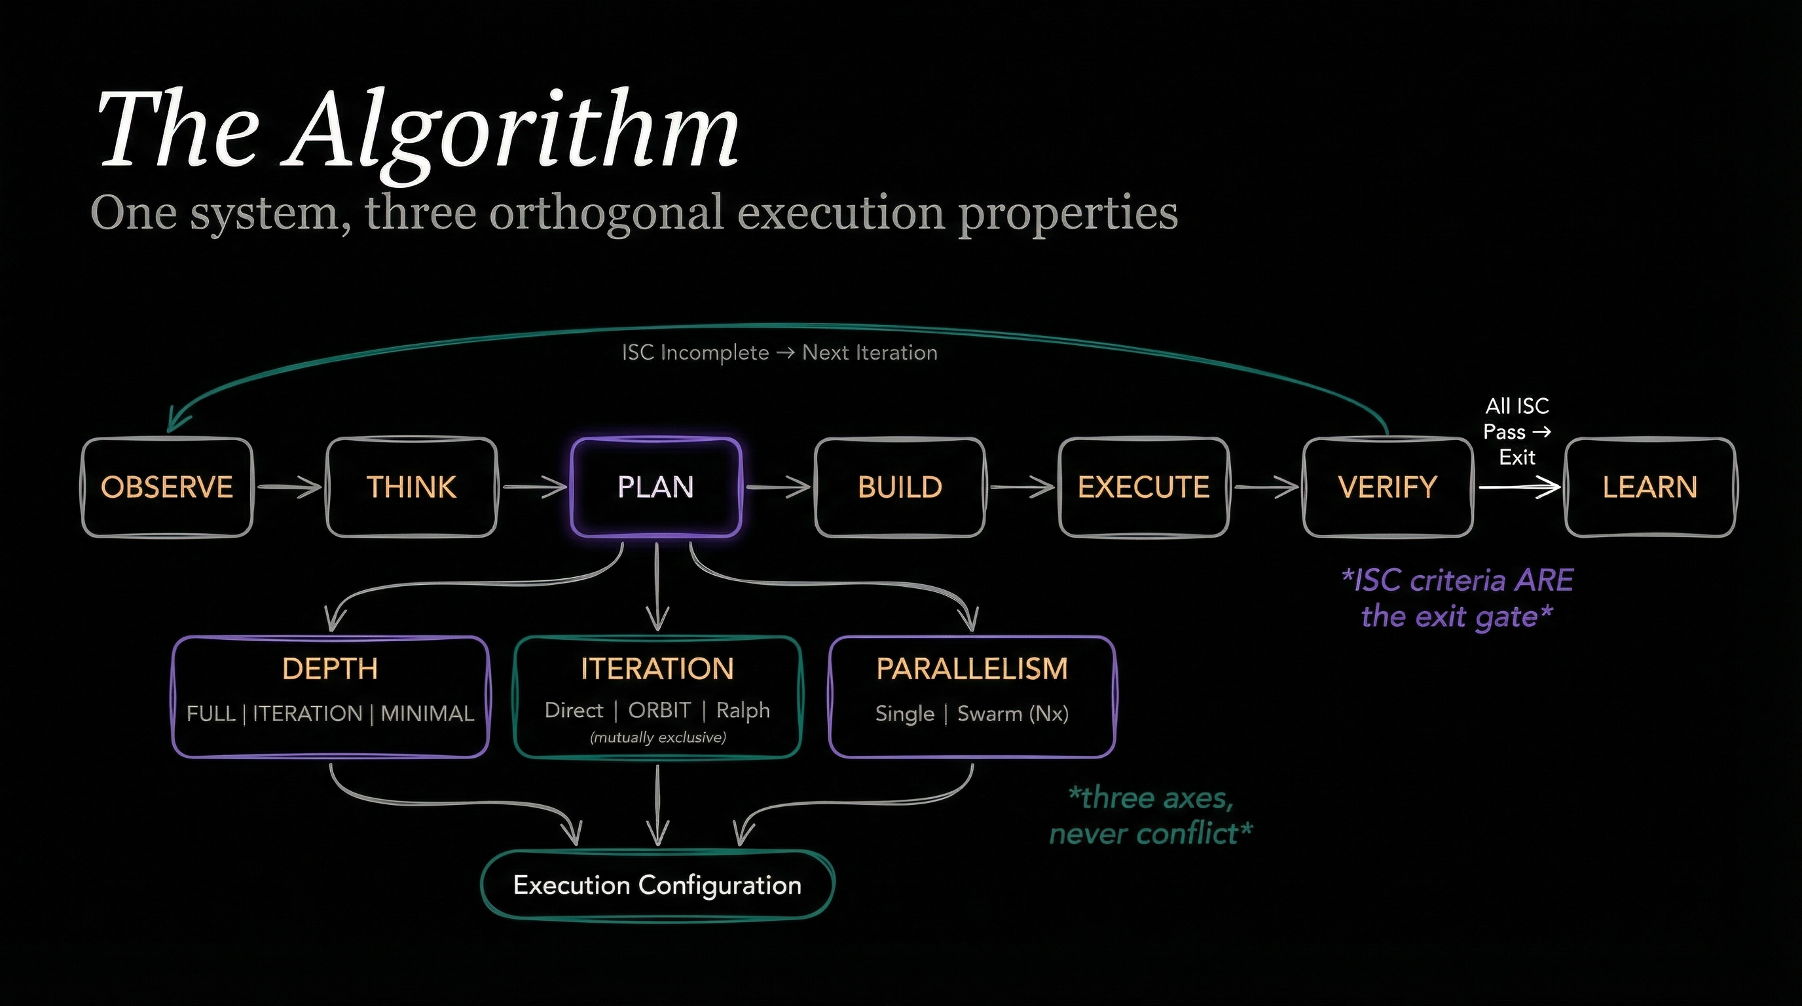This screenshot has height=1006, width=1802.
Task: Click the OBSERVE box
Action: click(166, 487)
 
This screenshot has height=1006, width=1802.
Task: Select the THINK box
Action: click(411, 487)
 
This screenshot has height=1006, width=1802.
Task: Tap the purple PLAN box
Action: click(655, 487)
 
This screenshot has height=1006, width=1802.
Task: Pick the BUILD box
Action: click(900, 487)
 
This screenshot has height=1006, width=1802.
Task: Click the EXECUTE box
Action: click(1144, 487)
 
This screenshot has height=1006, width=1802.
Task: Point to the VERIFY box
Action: click(1387, 487)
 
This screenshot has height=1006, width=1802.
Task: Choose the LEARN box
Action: click(1649, 487)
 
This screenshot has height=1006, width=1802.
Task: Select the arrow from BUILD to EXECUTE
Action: click(1022, 487)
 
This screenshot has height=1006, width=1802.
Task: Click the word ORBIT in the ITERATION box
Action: click(659, 710)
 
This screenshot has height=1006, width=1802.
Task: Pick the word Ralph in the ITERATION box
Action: click(743, 710)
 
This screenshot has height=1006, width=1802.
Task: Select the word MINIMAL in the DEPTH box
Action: click(428, 714)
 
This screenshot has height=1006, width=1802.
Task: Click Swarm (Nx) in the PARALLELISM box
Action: click(1013, 714)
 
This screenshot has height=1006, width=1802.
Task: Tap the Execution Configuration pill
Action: click(657, 885)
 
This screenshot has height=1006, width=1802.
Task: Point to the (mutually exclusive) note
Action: click(657, 737)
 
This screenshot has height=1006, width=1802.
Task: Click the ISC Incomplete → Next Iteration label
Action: click(779, 352)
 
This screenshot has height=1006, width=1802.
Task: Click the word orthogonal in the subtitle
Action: click(606, 213)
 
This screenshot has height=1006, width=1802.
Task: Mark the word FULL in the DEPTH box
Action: click(211, 714)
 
